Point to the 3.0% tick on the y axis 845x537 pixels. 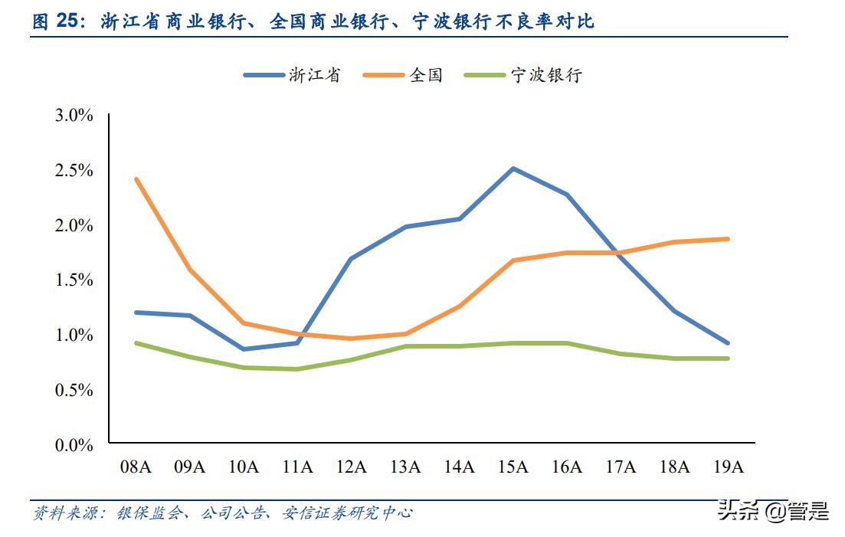[x=74, y=116]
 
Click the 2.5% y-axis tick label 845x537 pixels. [x=74, y=170]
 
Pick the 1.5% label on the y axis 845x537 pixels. [x=74, y=280]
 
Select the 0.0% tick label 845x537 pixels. [x=74, y=445]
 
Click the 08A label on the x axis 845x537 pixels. [x=136, y=467]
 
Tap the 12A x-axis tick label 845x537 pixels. [x=351, y=467]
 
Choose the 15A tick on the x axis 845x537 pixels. [x=513, y=467]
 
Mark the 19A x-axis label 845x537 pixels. [x=728, y=467]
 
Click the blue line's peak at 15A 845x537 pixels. [x=513, y=169]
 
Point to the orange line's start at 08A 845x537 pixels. [x=136, y=179]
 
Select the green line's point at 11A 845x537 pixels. [x=297, y=369]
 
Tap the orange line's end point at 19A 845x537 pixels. [x=728, y=239]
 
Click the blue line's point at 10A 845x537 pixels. [x=244, y=349]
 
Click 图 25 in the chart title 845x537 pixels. [x=55, y=22]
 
